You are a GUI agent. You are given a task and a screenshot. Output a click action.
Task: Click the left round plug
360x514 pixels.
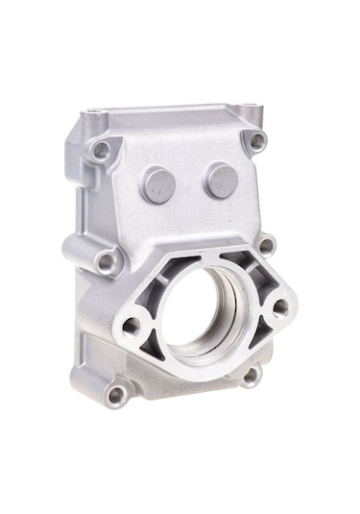point(158,184)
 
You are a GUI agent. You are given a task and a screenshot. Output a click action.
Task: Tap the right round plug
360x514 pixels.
point(222,180)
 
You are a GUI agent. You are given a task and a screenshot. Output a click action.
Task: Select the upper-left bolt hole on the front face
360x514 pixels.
point(101,150)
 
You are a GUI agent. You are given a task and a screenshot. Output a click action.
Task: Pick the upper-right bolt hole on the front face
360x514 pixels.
point(257,140)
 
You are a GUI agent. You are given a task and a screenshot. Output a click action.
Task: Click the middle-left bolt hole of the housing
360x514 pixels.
point(106,260)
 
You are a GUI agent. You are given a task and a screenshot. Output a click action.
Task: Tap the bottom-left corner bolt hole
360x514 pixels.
point(116,394)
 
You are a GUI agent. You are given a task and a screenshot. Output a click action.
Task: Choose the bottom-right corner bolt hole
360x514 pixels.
point(251,376)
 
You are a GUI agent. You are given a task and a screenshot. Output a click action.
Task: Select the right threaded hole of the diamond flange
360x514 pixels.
point(280,308)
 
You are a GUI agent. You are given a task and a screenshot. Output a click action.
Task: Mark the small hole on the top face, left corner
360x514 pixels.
point(93,112)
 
